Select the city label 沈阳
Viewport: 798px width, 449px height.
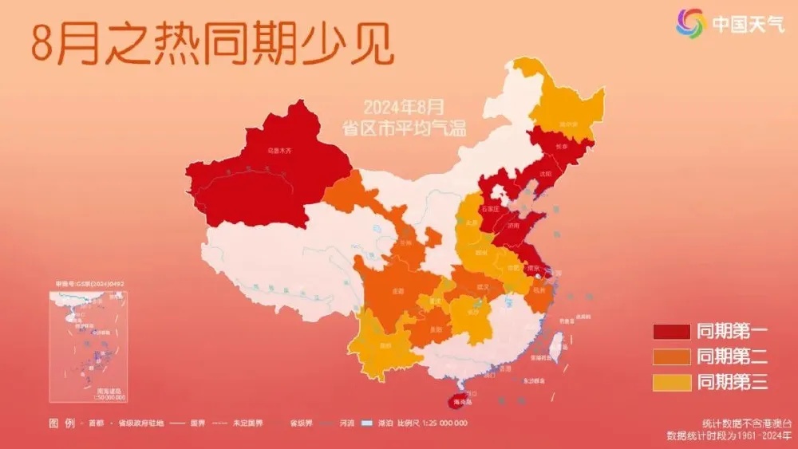[x=546, y=173]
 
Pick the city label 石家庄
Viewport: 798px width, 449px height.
[x=489, y=209]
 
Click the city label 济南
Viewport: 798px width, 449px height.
[x=511, y=228]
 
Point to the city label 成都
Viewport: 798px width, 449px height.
[x=398, y=292]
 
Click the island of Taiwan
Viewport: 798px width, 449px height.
[x=558, y=344]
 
